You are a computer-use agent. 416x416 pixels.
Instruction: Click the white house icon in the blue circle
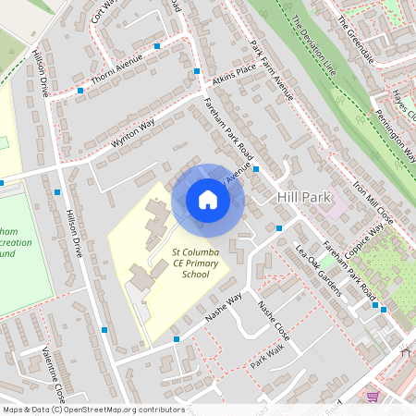[x=208, y=200]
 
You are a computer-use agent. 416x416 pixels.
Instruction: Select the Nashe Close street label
[x=274, y=320]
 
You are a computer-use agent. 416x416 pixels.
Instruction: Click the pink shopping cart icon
[x=373, y=396]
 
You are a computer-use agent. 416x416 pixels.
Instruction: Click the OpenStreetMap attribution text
[x=81, y=409]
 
